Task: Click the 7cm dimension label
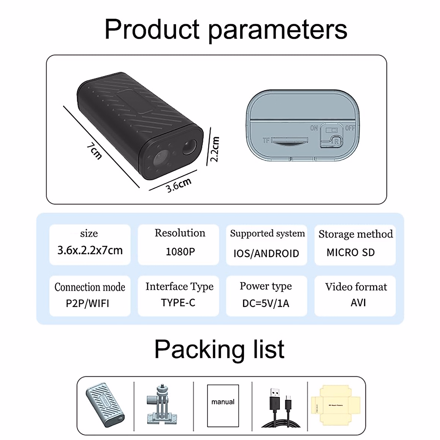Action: pos(94,151)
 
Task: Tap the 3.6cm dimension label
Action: pos(179,185)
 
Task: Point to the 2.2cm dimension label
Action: pos(214,149)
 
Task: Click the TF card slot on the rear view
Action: pos(290,140)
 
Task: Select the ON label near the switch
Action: pos(314,128)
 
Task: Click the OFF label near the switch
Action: pos(350,128)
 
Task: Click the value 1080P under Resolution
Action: pos(180,252)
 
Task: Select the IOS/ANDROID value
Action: pos(266,253)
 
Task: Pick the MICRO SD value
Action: pos(351,252)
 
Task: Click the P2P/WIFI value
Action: pos(88,304)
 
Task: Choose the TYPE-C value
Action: pos(178,302)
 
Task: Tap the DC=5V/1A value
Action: pos(266,304)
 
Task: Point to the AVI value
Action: pos(358,302)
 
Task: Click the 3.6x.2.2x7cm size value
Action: pos(90,250)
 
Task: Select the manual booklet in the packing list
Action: pos(223,406)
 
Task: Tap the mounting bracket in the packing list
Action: pos(161,406)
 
